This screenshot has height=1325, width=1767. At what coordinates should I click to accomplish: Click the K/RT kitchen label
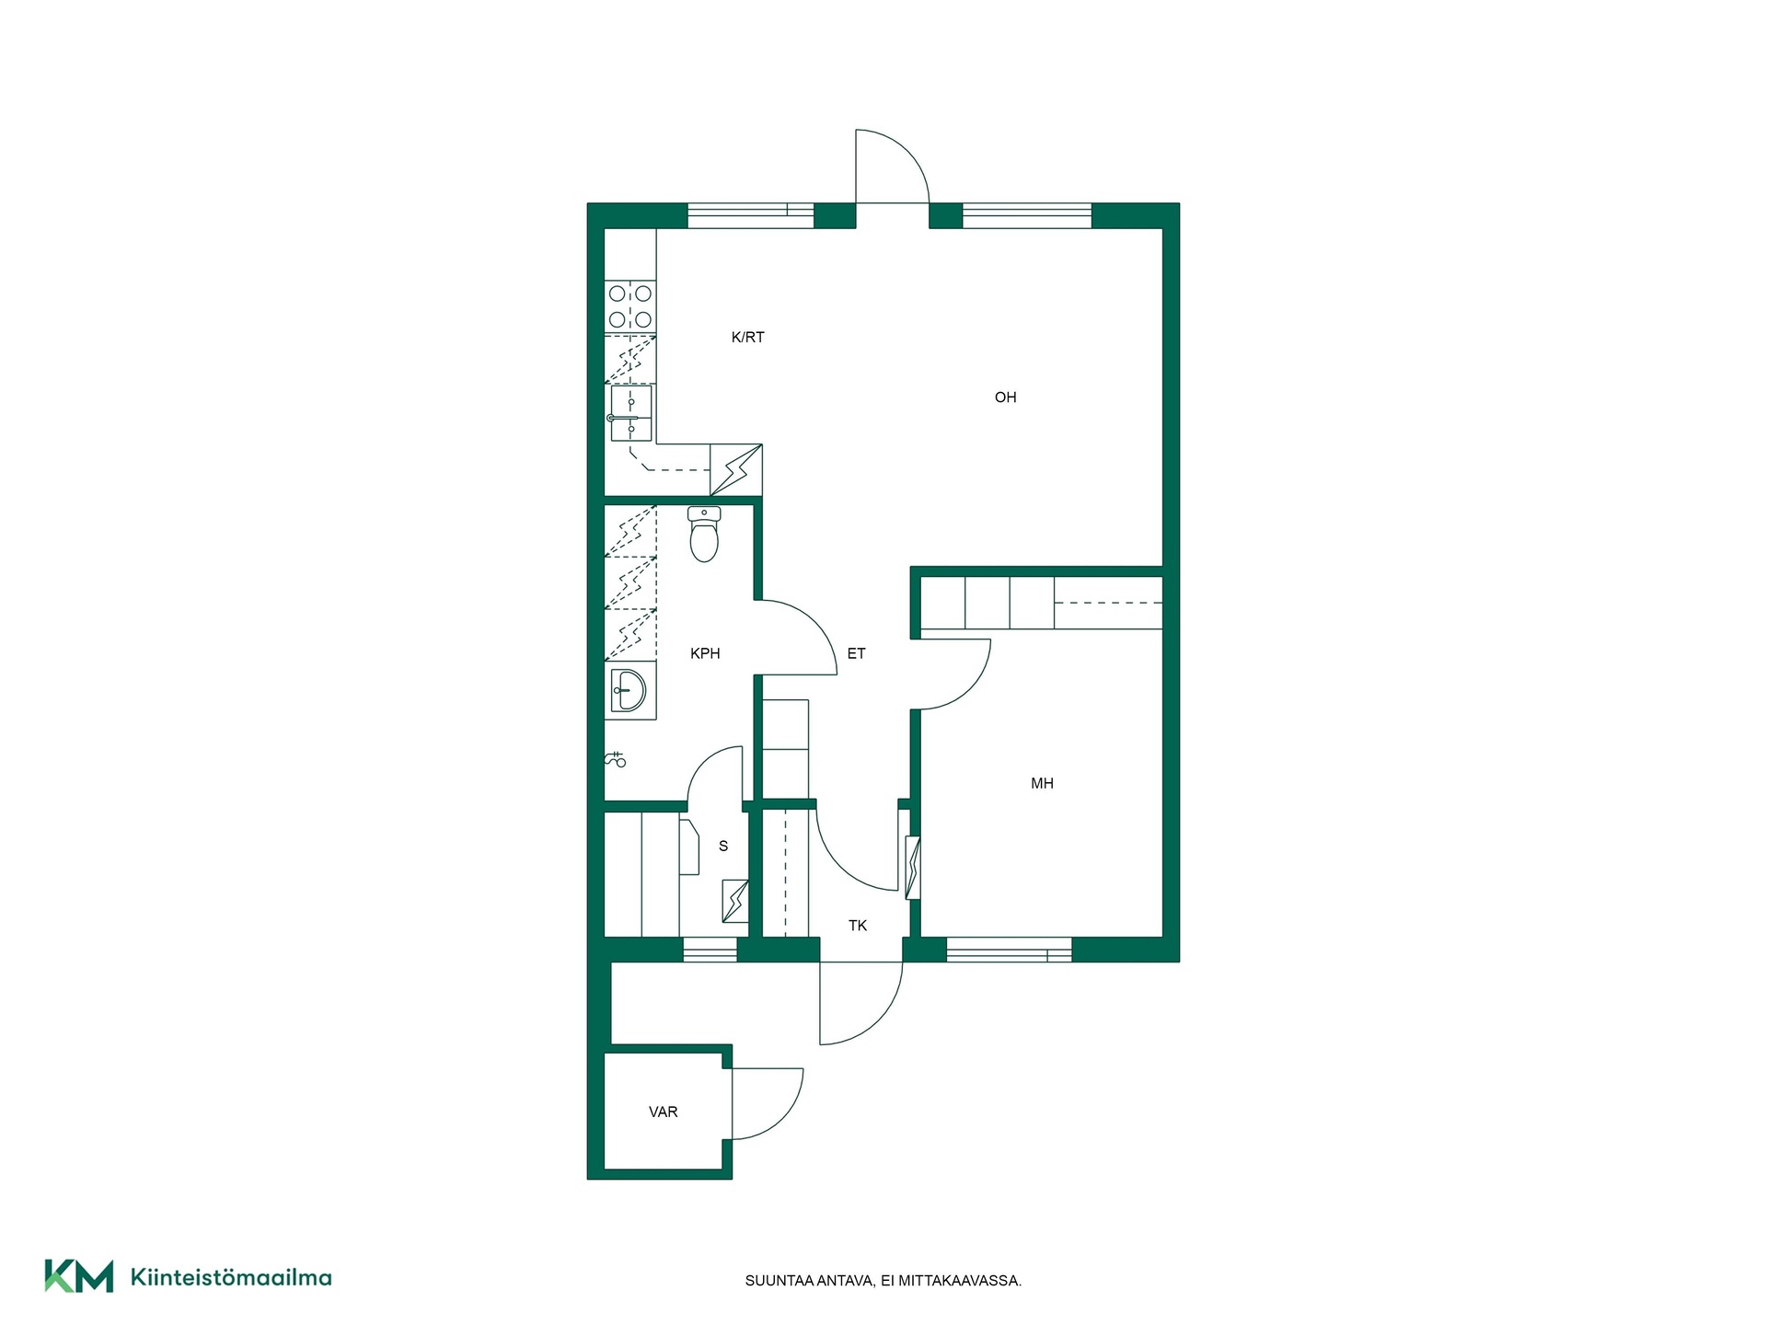tap(747, 338)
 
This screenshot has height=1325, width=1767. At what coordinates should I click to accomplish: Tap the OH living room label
tap(1005, 397)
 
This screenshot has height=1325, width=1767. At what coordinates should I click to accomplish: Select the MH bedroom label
tap(1042, 784)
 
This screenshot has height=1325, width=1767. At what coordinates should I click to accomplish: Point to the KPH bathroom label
tap(705, 654)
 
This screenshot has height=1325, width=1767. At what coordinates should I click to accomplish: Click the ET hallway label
tap(856, 654)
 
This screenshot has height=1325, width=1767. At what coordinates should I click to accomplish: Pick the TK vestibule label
tap(858, 926)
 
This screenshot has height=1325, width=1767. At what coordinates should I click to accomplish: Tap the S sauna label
tap(723, 847)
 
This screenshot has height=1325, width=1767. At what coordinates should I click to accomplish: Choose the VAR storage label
tap(663, 1112)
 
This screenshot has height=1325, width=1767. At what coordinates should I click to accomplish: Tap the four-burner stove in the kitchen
tap(630, 307)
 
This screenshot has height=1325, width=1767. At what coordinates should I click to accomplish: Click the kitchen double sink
tap(630, 414)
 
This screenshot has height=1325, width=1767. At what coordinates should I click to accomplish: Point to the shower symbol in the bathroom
tap(616, 759)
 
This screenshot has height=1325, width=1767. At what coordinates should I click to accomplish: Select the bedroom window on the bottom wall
tap(1009, 950)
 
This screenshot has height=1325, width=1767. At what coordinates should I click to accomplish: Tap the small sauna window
tap(710, 950)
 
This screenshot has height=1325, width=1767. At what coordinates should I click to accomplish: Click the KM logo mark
tap(79, 1276)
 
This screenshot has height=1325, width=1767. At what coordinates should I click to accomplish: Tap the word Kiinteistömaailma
tap(231, 1277)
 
